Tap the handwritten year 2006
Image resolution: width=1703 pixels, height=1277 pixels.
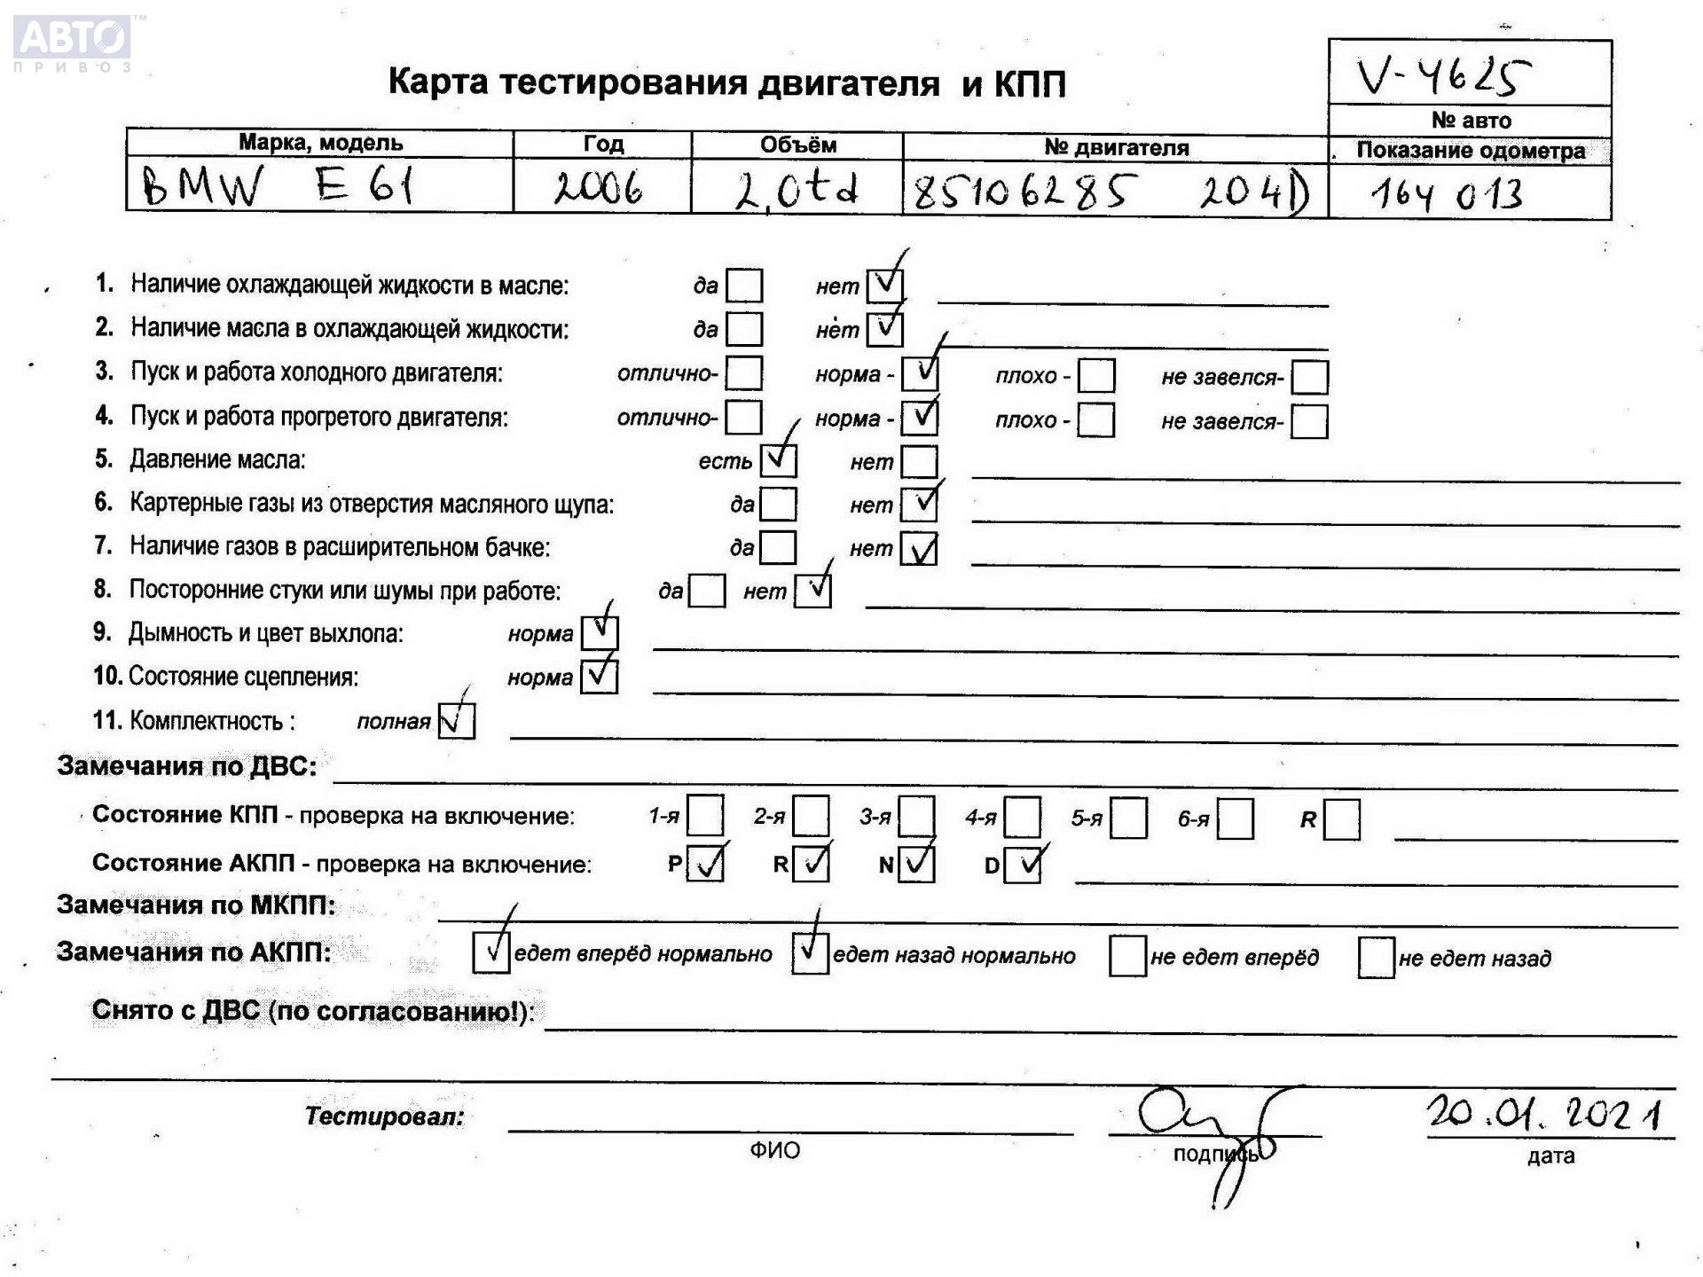pyautogui.click(x=599, y=188)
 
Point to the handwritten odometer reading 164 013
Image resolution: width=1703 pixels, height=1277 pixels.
pyautogui.click(x=1447, y=194)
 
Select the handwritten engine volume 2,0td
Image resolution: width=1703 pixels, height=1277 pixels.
pyautogui.click(x=796, y=189)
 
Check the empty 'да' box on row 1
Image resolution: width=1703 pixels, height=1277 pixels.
pyautogui.click(x=743, y=286)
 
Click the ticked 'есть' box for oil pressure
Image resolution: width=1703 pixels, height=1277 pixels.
pyautogui.click(x=778, y=460)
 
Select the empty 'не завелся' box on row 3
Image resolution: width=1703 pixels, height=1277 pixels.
pyautogui.click(x=1309, y=377)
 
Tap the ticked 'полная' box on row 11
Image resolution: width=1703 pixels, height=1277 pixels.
pyautogui.click(x=457, y=720)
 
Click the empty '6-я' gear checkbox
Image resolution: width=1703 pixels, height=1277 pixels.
pyautogui.click(x=1235, y=819)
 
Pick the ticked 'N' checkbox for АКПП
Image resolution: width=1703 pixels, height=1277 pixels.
pyautogui.click(x=916, y=864)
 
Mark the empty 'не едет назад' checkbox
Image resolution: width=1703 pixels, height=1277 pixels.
pyautogui.click(x=1376, y=958)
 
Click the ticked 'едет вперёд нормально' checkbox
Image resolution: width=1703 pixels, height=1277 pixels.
pyautogui.click(x=490, y=953)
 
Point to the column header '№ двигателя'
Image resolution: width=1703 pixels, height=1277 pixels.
pyautogui.click(x=1115, y=147)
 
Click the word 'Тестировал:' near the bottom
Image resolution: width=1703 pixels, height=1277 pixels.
pyautogui.click(x=384, y=1116)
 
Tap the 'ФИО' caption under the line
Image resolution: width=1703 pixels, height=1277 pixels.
pyautogui.click(x=774, y=1150)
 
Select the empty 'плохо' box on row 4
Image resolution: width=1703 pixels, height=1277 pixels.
pyautogui.click(x=1095, y=420)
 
